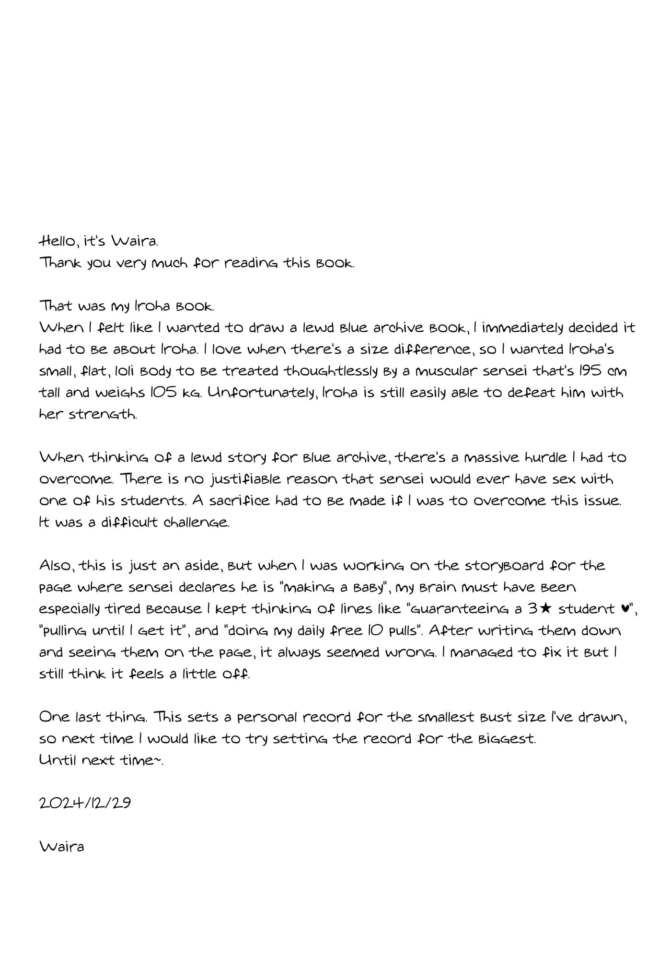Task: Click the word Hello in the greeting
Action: click(57, 241)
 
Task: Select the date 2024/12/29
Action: click(85, 803)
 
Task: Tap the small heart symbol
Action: click(625, 608)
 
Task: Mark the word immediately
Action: click(522, 327)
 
